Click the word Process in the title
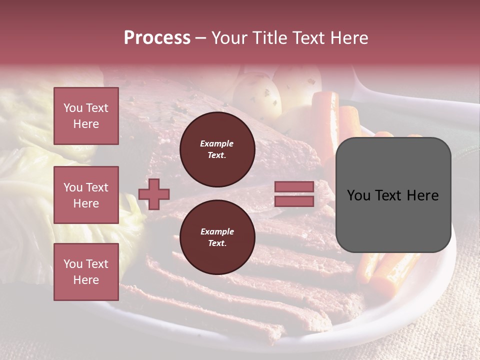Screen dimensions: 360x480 [157, 38]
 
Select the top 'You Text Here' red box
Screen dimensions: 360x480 [86, 116]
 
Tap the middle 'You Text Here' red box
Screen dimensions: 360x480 [86, 195]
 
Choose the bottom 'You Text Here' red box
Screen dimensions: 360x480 [86, 271]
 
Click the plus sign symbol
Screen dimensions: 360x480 [154, 194]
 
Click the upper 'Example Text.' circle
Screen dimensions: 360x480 [217, 149]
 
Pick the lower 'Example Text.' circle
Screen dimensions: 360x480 [217, 237]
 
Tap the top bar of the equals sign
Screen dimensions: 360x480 [294, 187]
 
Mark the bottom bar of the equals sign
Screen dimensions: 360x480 [294, 201]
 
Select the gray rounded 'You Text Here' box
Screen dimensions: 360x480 [393, 195]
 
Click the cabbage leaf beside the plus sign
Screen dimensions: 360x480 [131, 220]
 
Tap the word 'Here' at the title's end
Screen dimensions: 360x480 [348, 38]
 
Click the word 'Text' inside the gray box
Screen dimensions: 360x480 [393, 195]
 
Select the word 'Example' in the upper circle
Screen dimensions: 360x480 [217, 143]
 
